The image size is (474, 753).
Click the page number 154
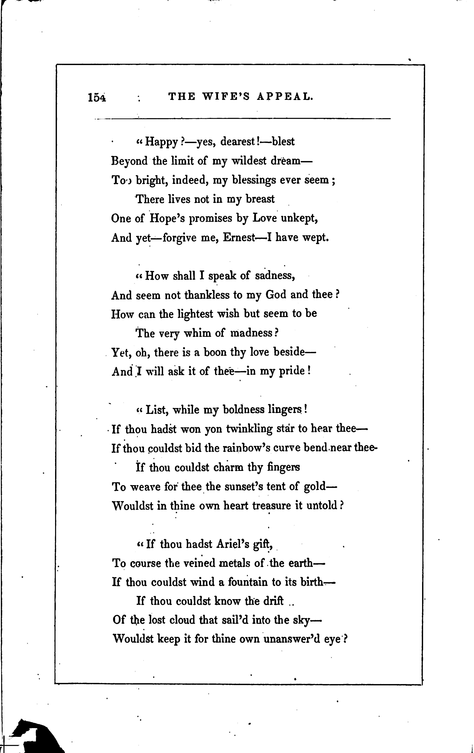[97, 98]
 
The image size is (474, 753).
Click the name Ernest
[239, 238]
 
